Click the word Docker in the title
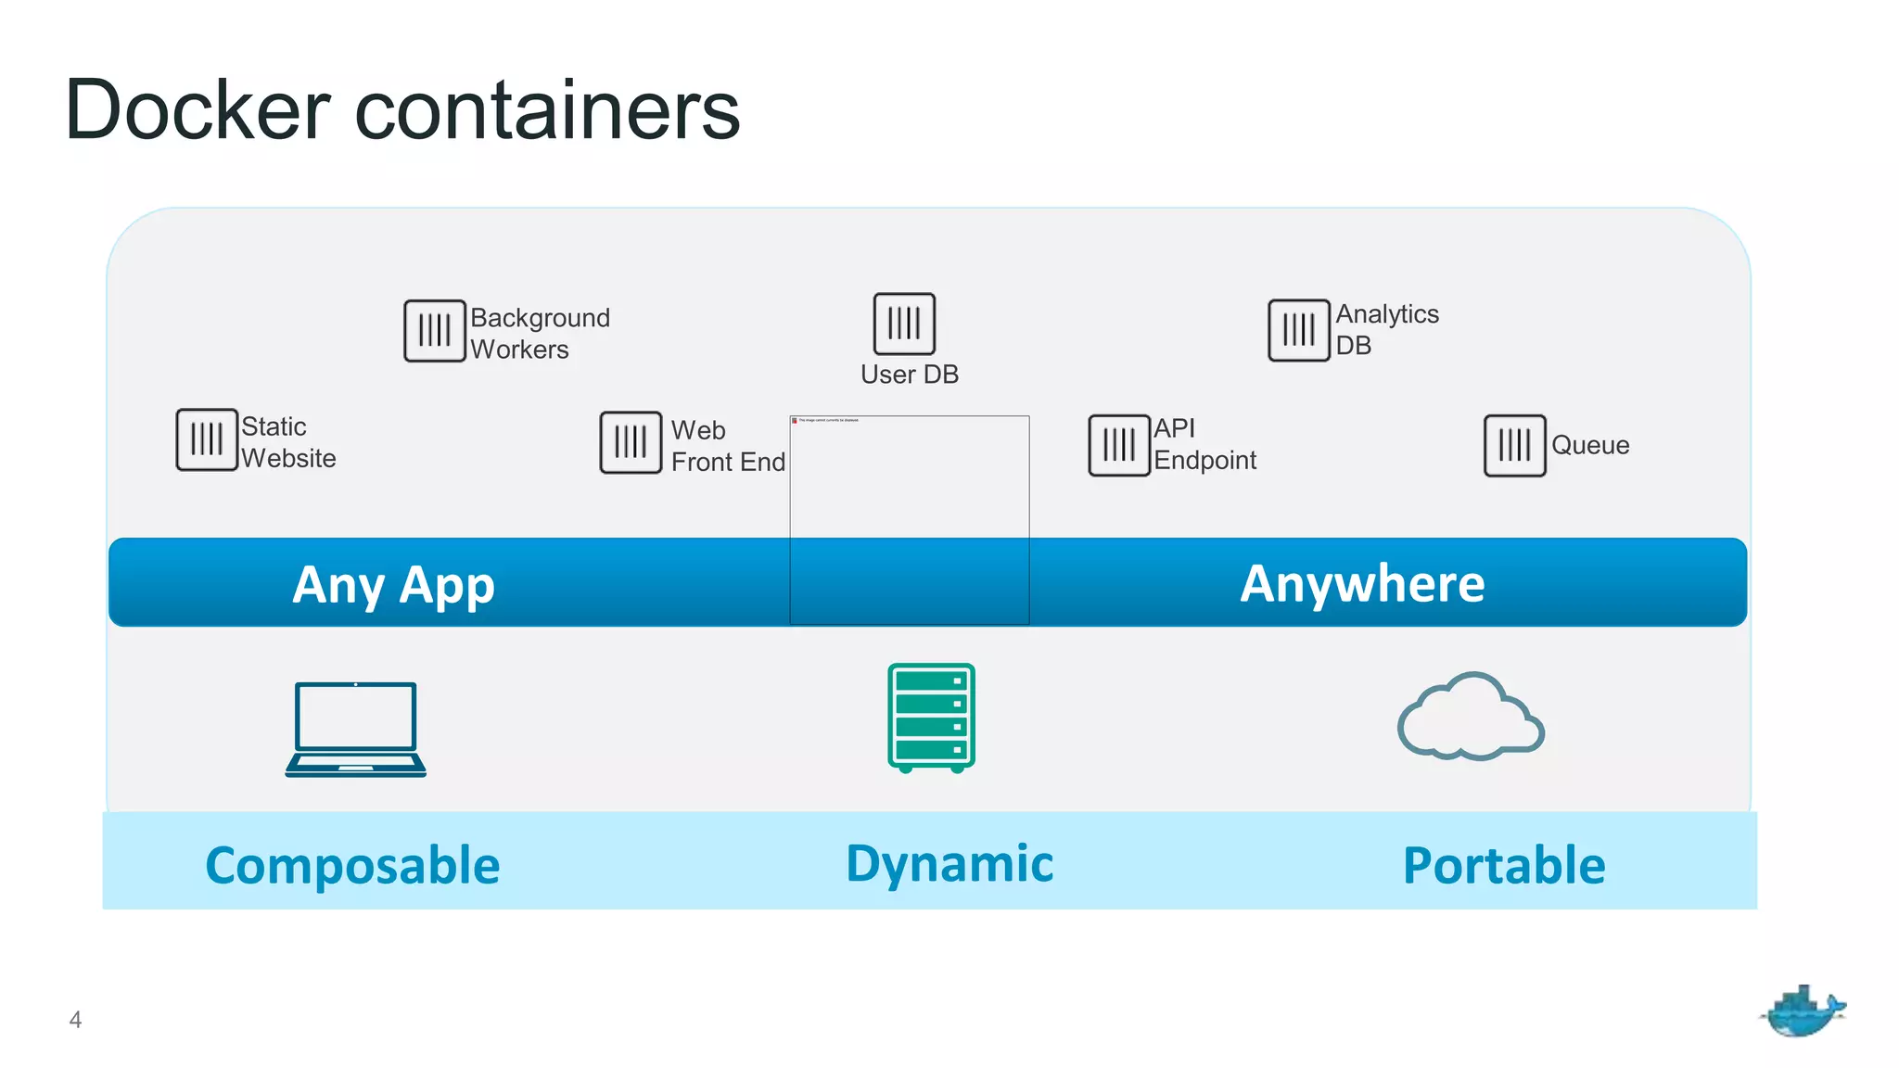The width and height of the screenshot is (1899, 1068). [x=198, y=110]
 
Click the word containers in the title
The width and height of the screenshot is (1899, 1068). [x=547, y=110]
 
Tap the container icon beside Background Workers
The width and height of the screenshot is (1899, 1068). [x=434, y=330]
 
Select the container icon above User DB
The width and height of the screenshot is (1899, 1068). [x=904, y=324]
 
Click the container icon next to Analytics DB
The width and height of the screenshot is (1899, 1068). [x=1298, y=330]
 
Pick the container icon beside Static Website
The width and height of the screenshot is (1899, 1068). [x=207, y=439]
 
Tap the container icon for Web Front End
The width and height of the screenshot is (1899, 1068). [x=631, y=442]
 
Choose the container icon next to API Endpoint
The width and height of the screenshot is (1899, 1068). [x=1118, y=445]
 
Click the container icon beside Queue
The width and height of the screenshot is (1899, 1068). [x=1514, y=445]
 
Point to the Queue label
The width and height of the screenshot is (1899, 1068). [x=1589, y=445]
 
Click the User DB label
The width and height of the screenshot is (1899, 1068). [x=909, y=375]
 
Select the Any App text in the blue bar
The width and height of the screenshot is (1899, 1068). [x=393, y=585]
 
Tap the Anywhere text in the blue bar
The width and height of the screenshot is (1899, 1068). [x=1362, y=584]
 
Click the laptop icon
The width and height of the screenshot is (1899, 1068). [x=355, y=730]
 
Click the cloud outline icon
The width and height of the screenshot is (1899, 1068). [x=1470, y=718]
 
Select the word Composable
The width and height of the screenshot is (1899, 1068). [x=352, y=865]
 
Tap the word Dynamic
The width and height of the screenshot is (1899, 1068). [x=949, y=863]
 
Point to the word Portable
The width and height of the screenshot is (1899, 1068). [x=1503, y=865]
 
